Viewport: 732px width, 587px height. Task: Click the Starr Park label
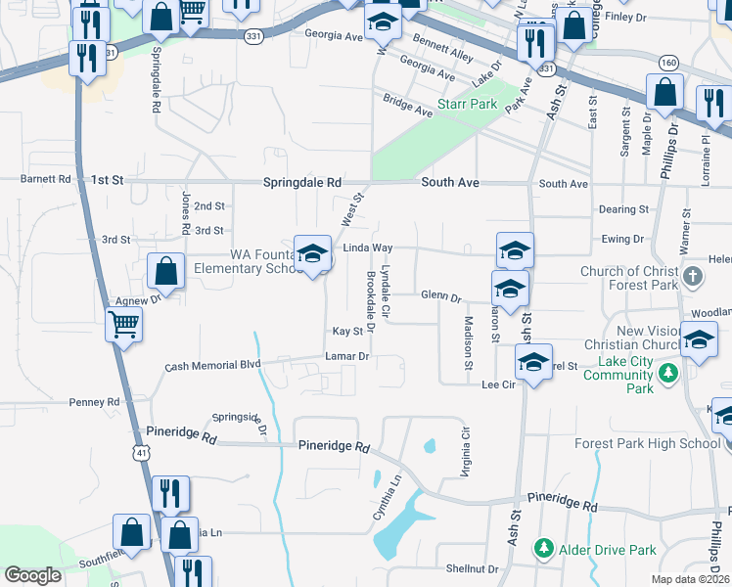(468, 104)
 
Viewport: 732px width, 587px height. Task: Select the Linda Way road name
(367, 249)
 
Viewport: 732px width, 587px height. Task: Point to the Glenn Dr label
(440, 295)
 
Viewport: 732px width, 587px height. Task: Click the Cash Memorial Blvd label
(212, 365)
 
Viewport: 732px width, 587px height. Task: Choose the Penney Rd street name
(94, 402)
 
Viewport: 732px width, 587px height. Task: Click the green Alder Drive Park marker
(544, 550)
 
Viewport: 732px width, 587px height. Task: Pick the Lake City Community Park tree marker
(668, 373)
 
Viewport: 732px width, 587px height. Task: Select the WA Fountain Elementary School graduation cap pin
(312, 253)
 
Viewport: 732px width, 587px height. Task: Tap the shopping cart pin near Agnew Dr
(125, 325)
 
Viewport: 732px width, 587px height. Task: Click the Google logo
(32, 575)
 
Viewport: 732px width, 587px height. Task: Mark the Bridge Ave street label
(407, 107)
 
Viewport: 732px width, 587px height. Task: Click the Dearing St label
(622, 209)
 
